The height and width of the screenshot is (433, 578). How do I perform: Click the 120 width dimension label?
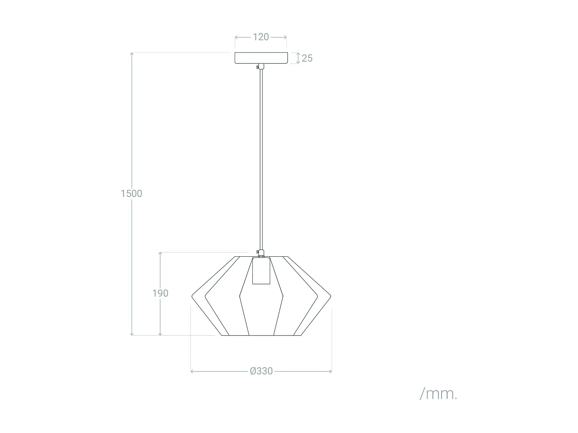coord(261,37)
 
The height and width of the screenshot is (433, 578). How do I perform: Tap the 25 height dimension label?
coord(307,58)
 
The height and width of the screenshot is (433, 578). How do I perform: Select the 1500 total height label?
coord(131,194)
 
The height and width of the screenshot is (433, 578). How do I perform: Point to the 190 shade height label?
coord(160,293)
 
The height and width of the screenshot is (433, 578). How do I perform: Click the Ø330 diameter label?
coord(261,371)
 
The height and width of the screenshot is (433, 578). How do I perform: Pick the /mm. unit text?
coord(439,394)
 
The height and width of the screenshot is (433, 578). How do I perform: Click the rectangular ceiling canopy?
coord(261,58)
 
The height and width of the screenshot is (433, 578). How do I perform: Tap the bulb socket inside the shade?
coord(261,271)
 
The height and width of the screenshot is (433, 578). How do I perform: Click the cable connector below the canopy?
coord(261,67)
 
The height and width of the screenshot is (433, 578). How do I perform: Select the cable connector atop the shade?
coord(261,253)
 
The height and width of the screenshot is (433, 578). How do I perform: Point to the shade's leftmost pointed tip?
coord(193,296)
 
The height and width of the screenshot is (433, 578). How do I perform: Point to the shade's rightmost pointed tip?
coord(330,296)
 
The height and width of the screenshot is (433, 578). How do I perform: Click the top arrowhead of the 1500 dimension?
coord(132,53)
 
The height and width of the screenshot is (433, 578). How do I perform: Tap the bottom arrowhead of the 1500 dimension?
coord(132,334)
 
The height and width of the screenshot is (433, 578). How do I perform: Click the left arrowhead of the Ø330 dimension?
coord(192,371)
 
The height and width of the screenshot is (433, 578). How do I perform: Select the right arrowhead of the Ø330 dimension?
coord(331,371)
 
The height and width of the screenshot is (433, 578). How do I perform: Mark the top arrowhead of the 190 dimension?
coord(160,253)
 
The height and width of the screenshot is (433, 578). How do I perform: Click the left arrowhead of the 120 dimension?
coord(236,37)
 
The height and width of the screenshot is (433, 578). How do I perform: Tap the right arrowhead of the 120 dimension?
coord(286,37)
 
